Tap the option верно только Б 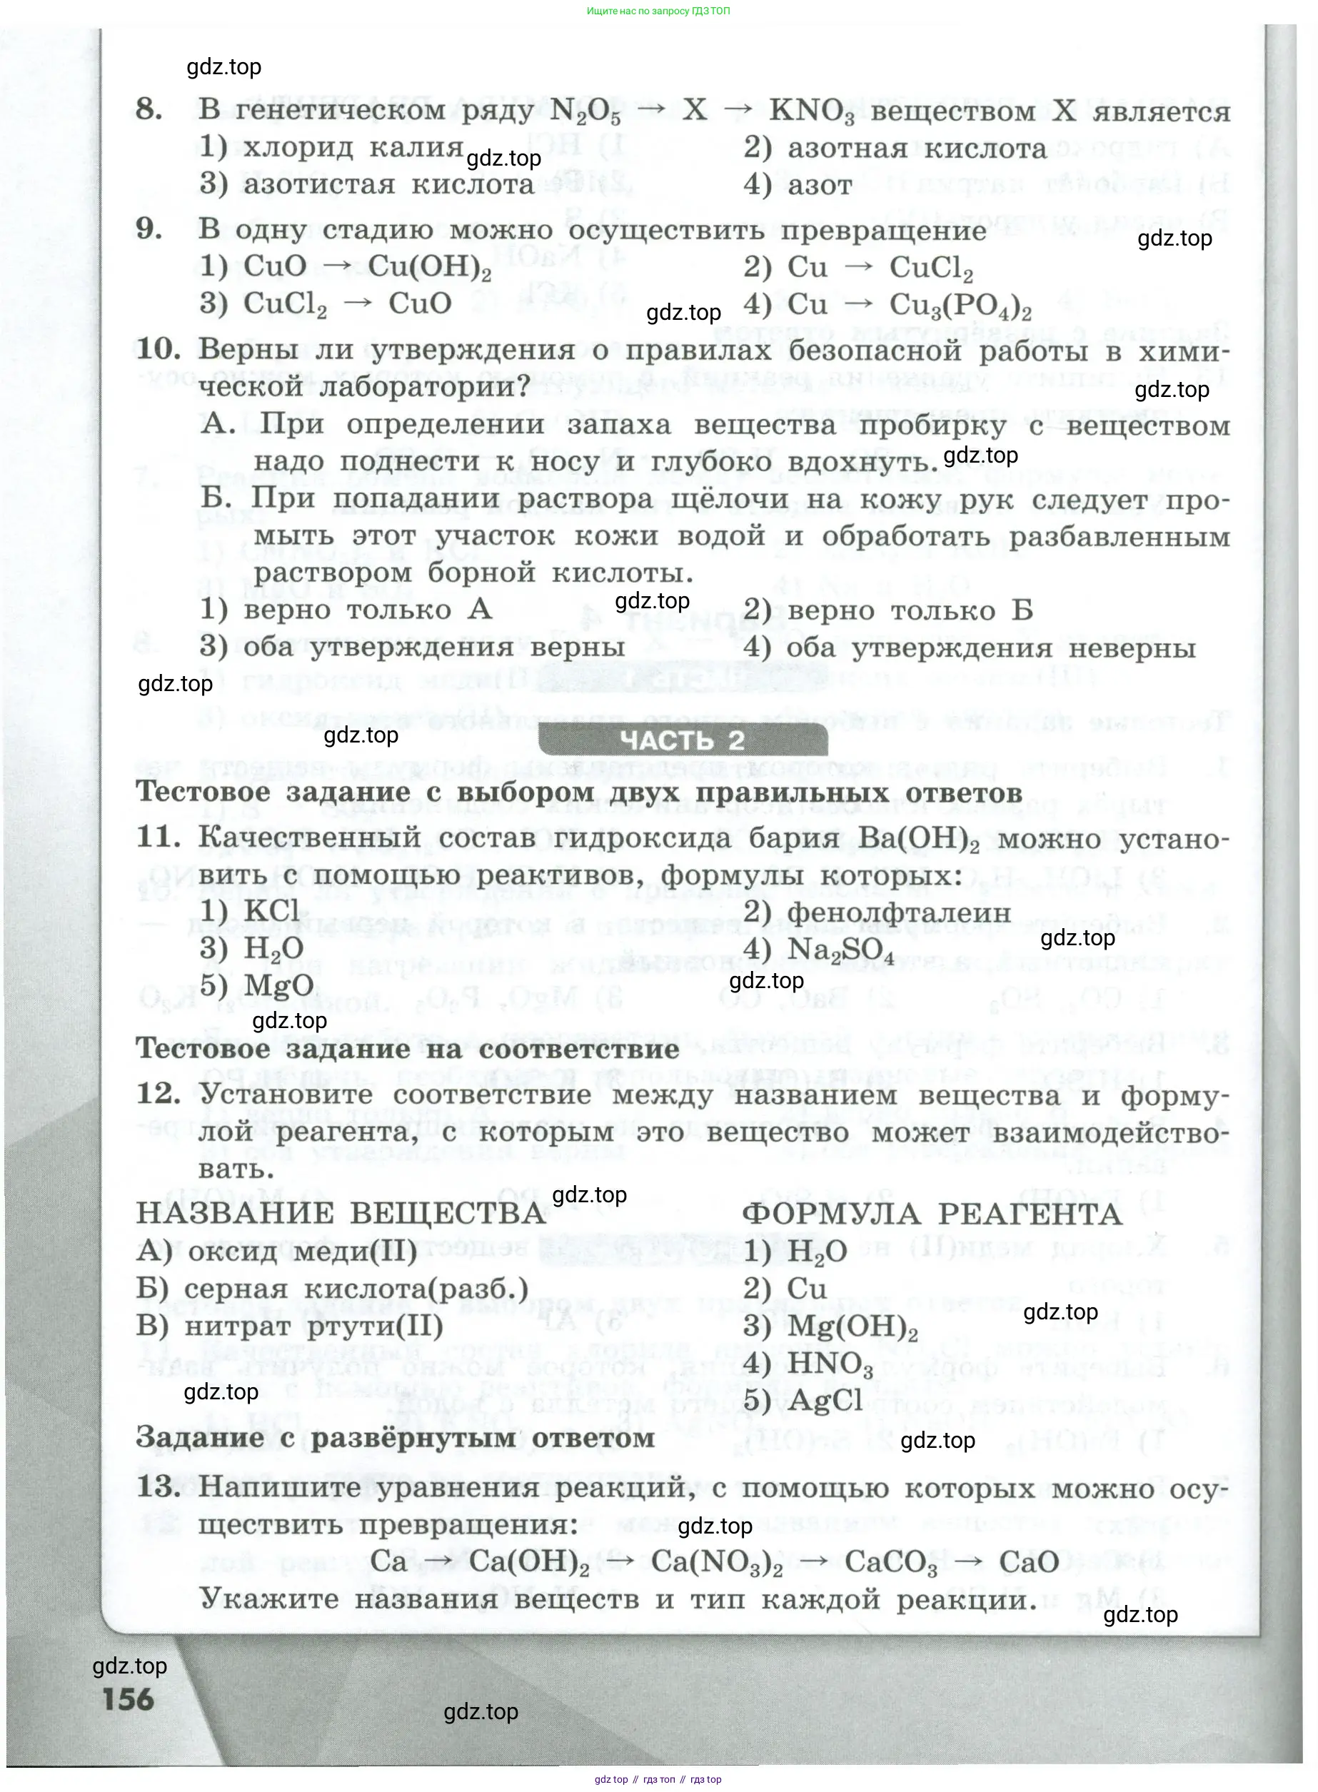pos(910,611)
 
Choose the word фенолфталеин pos(898,912)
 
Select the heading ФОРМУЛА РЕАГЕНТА pos(932,1214)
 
